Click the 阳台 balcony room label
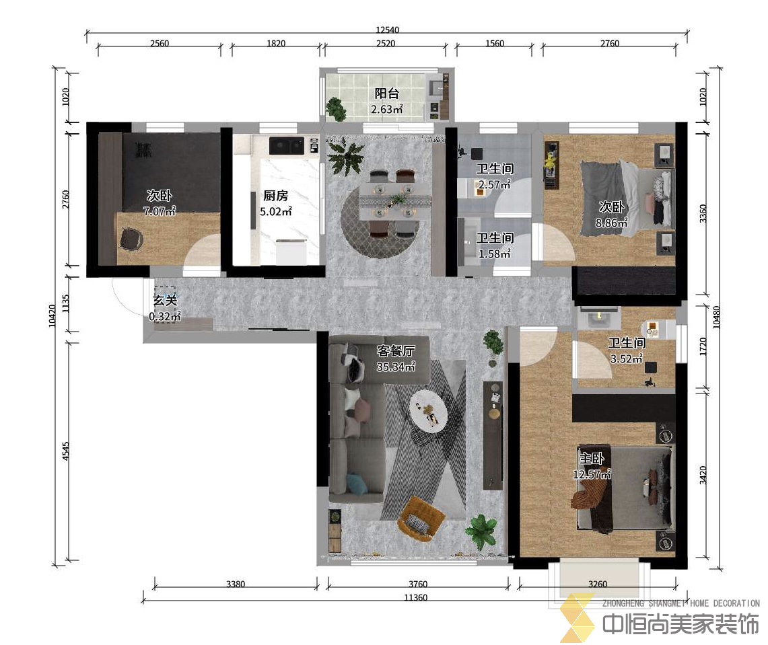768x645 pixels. coord(386,93)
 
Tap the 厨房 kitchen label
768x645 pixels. coord(275,196)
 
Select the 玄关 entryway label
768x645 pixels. coord(164,300)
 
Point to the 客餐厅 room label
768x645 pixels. coord(396,350)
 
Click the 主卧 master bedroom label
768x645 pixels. coord(592,459)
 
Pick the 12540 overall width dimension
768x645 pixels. coord(387,30)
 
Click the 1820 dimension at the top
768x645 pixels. coord(276,44)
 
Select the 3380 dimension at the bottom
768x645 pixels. coord(236,584)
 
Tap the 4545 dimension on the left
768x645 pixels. coord(66,451)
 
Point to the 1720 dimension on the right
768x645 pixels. coord(703,346)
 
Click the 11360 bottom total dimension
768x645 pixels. coord(415,597)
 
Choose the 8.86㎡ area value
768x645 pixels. coord(611,223)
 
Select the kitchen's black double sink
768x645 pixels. coord(287,145)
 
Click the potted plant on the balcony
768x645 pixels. coord(336,108)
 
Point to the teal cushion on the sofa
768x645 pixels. coord(357,483)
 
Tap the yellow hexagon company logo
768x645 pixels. coord(577,617)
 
